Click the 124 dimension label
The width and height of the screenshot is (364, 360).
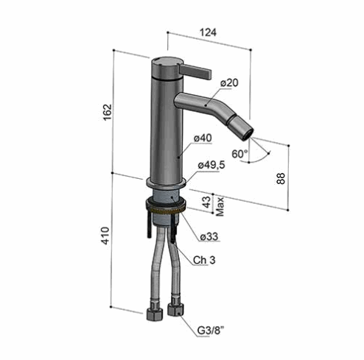pos(209,32)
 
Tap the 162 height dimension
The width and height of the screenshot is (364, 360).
pos(108,113)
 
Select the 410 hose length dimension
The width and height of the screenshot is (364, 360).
pos(105,236)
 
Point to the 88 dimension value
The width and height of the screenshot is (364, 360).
pos(281,178)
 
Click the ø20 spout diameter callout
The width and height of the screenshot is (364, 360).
pos(229,82)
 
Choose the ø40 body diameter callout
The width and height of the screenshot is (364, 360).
pos(203,138)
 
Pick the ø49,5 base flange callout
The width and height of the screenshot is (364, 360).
pos(211,165)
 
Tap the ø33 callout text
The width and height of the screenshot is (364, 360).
pos(209,236)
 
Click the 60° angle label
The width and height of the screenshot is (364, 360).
pos(239,154)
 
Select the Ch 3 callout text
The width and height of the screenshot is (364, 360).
pos(204,260)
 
